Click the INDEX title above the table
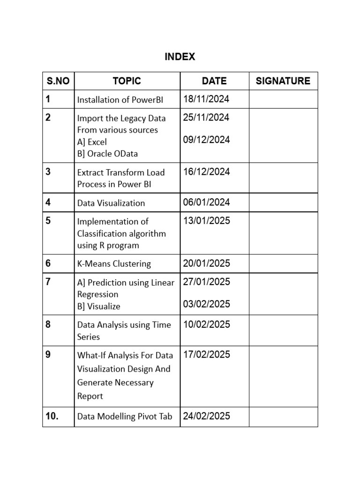[180, 57]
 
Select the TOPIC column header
[127, 81]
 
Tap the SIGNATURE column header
[283, 81]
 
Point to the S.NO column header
[58, 81]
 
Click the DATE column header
[214, 81]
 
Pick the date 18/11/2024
[206, 99]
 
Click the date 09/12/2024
[206, 140]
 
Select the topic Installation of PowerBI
[120, 99]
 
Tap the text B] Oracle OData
[107, 154]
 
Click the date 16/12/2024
[206, 172]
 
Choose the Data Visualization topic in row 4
[111, 203]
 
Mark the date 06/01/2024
[206, 202]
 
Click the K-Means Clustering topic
[114, 263]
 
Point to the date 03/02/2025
[206, 304]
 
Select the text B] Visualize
[98, 307]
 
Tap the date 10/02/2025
[206, 324]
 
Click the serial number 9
[48, 354]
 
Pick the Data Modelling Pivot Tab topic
[125, 416]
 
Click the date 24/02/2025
[206, 416]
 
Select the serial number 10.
[52, 416]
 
